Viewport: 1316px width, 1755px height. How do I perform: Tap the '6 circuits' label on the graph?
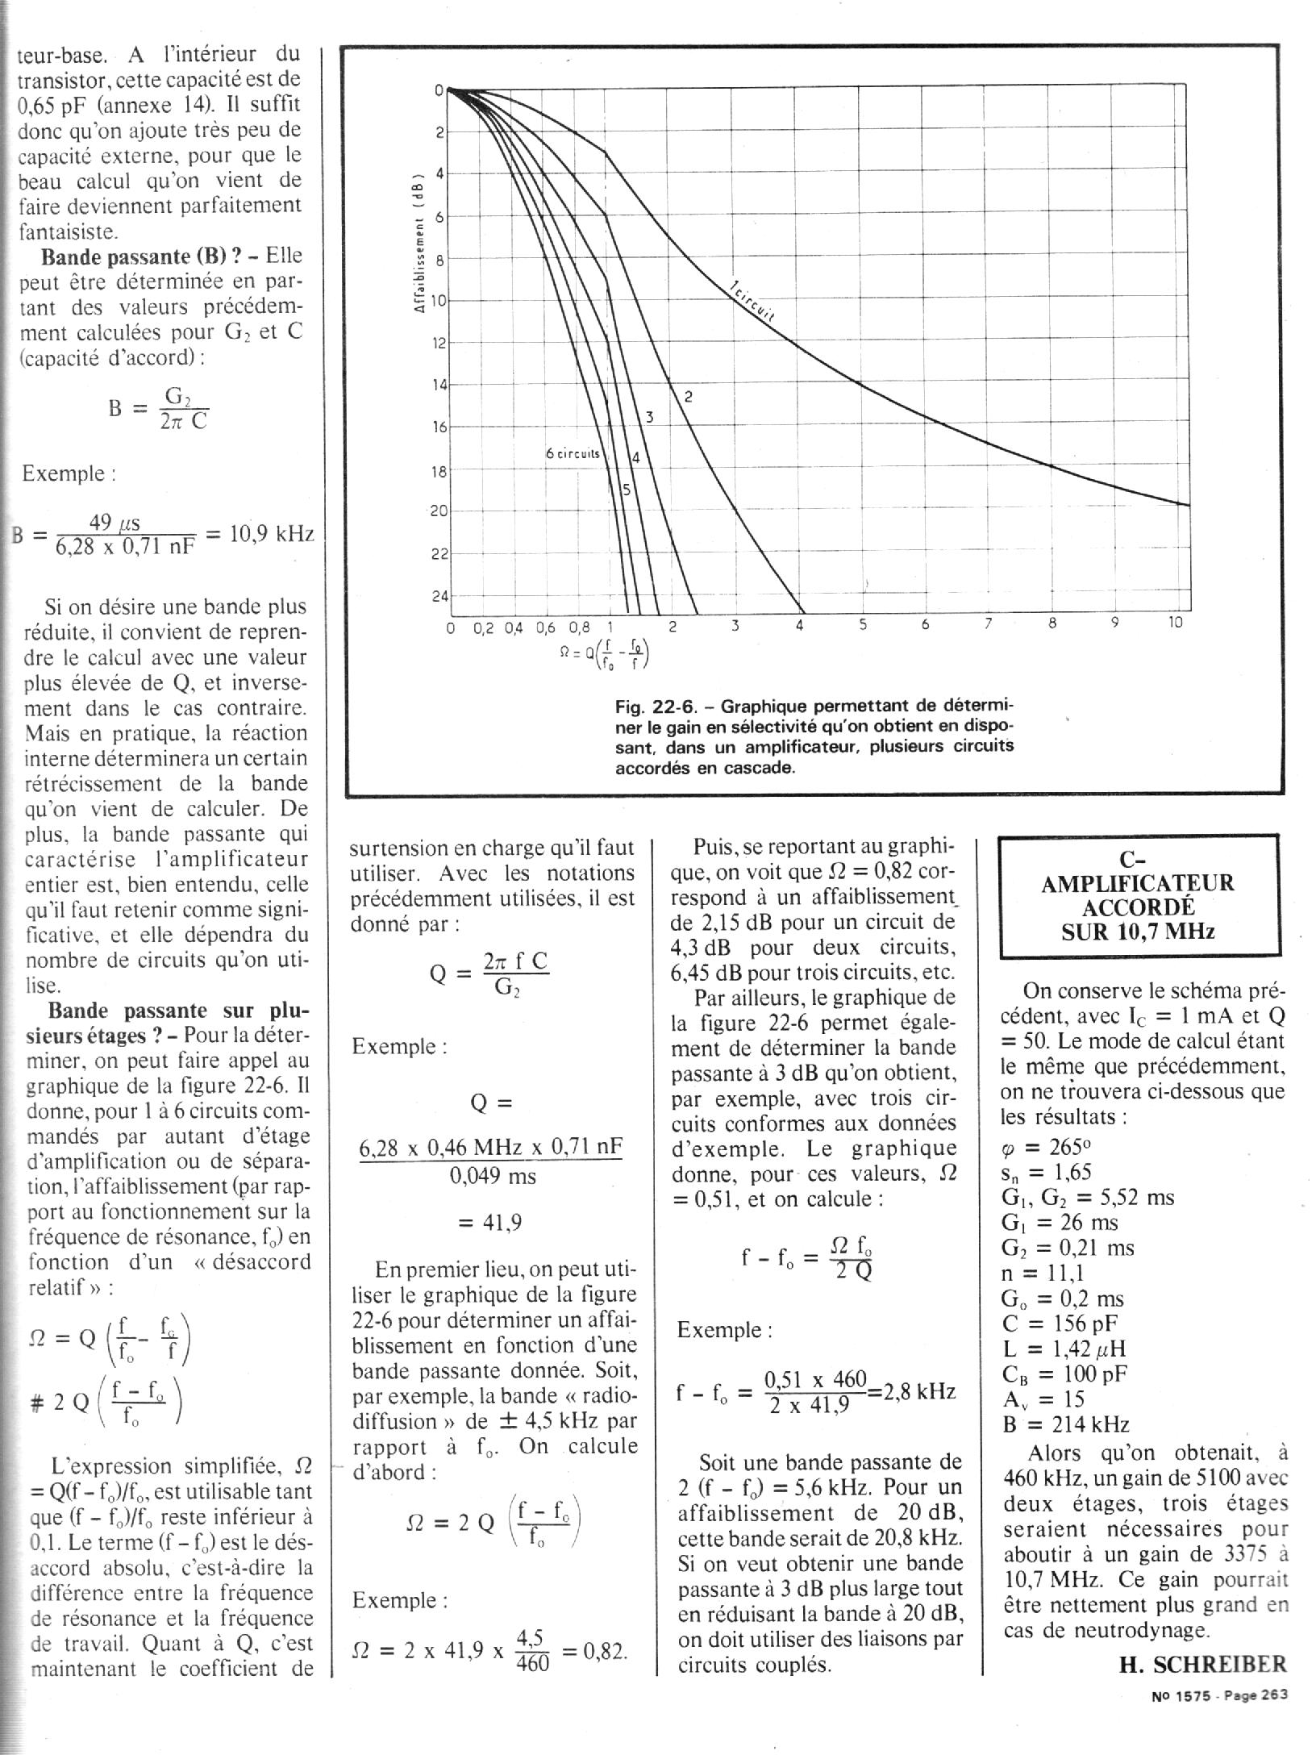[x=573, y=453]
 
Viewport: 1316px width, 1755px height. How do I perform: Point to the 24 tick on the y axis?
[x=438, y=597]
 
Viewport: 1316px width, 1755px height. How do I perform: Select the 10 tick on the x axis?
[x=1175, y=623]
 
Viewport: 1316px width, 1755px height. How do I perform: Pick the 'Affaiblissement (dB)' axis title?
[x=419, y=244]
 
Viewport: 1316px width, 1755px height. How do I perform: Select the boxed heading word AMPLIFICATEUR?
[x=1138, y=883]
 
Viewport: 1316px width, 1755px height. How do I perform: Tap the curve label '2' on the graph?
[x=689, y=396]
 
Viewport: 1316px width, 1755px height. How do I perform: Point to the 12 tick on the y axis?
[x=438, y=344]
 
